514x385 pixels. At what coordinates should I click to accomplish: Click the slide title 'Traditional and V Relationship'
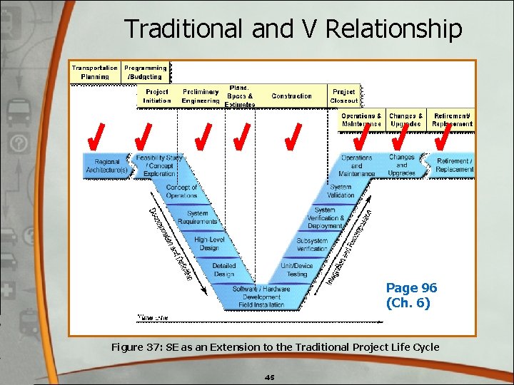pos(293,29)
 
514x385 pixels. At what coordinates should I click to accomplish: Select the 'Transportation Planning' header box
pos(95,73)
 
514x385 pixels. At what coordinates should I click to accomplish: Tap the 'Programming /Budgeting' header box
pos(146,73)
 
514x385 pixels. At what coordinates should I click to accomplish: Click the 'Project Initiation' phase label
pos(157,96)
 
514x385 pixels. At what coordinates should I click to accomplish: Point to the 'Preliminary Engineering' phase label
pos(201,96)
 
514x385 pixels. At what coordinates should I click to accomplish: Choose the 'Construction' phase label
pos(291,96)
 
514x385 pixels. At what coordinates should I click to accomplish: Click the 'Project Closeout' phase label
pos(344,96)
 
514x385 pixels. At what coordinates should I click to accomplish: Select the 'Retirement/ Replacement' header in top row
pos(452,120)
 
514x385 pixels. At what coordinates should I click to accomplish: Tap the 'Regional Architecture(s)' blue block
pos(106,166)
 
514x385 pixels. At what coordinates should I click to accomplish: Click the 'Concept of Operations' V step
pos(181,192)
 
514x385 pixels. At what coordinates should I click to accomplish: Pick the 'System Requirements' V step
pos(197,217)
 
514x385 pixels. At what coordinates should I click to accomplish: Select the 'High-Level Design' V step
pos(209,244)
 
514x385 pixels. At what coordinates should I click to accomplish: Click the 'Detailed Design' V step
pos(223,269)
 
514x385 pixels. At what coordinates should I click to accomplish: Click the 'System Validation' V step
pos(341,191)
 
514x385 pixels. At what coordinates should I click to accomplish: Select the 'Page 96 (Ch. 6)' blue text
pos(410,295)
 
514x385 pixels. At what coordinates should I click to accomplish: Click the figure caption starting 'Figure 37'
pos(275,347)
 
